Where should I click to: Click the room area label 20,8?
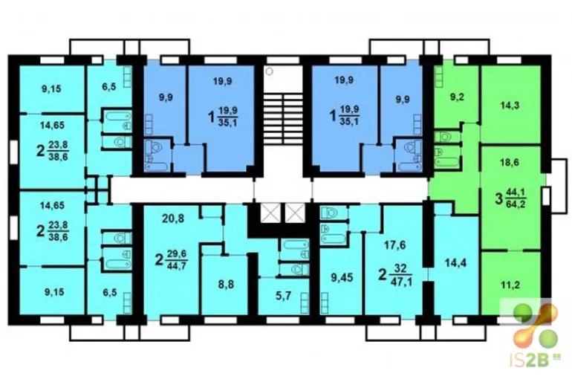tap(173, 219)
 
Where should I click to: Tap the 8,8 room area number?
tap(226, 284)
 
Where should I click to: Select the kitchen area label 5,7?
tap(284, 296)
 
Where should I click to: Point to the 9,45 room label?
tap(342, 278)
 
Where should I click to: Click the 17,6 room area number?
tap(394, 245)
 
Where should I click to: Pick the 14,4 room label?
tap(456, 262)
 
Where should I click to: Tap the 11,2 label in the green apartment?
tap(510, 285)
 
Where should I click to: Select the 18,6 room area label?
tap(510, 163)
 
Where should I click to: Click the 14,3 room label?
tap(510, 106)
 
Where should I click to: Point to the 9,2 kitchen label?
tap(457, 97)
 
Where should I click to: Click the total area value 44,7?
tap(177, 265)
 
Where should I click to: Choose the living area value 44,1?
tap(516, 192)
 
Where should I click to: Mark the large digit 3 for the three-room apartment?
tap(498, 199)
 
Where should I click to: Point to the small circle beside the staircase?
tap(269, 71)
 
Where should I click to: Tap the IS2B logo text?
tap(530, 361)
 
